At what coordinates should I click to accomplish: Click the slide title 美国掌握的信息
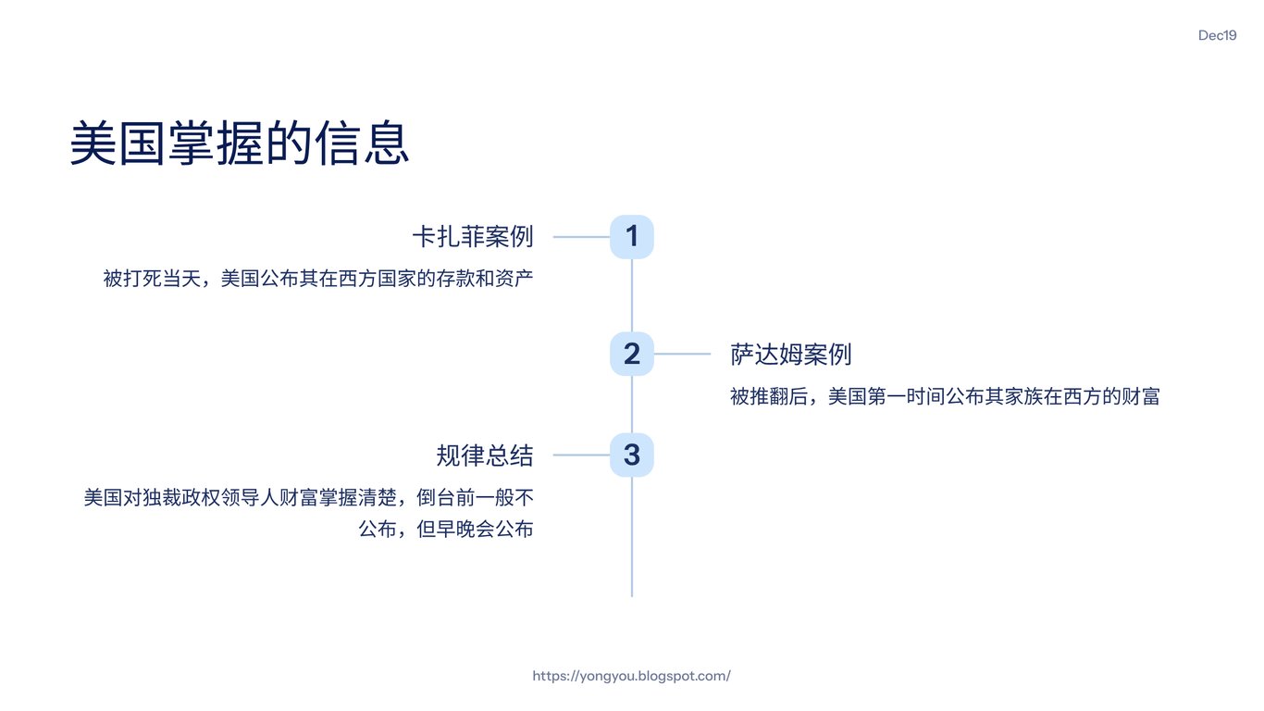pos(239,143)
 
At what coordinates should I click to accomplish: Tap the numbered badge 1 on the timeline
pos(632,237)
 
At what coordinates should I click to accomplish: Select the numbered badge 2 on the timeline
pos(632,354)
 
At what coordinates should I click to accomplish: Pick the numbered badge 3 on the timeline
pos(632,455)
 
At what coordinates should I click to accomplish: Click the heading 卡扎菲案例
pos(473,237)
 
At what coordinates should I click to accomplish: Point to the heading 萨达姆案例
pos(790,354)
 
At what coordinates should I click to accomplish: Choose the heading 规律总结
pos(485,455)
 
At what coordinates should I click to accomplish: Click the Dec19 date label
pos(1217,35)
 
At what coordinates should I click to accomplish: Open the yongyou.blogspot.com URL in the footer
pos(631,676)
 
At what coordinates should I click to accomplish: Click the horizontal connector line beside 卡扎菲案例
pos(581,237)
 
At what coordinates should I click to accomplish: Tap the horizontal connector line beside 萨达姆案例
pos(682,354)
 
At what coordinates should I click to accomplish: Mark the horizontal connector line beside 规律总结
pos(581,455)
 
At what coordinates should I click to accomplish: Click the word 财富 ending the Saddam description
pos(1141,396)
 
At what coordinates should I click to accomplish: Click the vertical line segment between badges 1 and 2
pos(632,294)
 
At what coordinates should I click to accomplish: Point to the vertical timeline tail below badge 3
pos(632,537)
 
